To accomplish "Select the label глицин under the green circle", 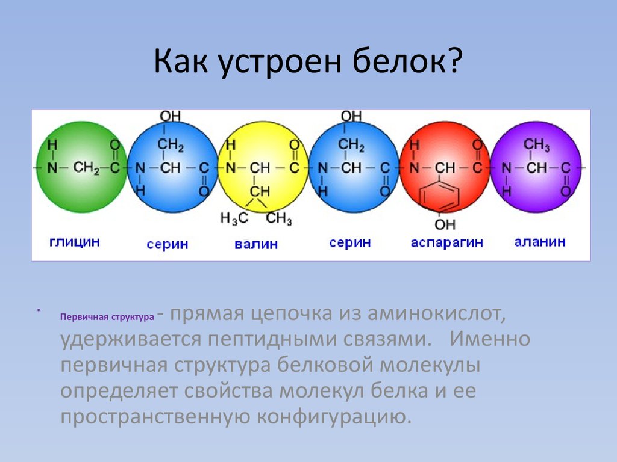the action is (74, 242).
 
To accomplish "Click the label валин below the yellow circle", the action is (256, 244).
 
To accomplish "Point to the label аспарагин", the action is (446, 242).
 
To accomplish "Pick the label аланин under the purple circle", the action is (540, 241).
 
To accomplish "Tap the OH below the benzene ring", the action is (445, 224).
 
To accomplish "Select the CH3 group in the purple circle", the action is (536, 145).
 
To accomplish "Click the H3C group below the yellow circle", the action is (234, 218).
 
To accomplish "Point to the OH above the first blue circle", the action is (170, 116).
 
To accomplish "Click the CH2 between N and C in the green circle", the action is (86, 168).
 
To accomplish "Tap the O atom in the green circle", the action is (115, 145).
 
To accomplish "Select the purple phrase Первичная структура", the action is (107, 317).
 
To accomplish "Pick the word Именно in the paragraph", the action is (490, 339).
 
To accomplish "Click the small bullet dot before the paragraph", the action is (38, 311).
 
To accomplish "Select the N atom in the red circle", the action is (414, 168).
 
